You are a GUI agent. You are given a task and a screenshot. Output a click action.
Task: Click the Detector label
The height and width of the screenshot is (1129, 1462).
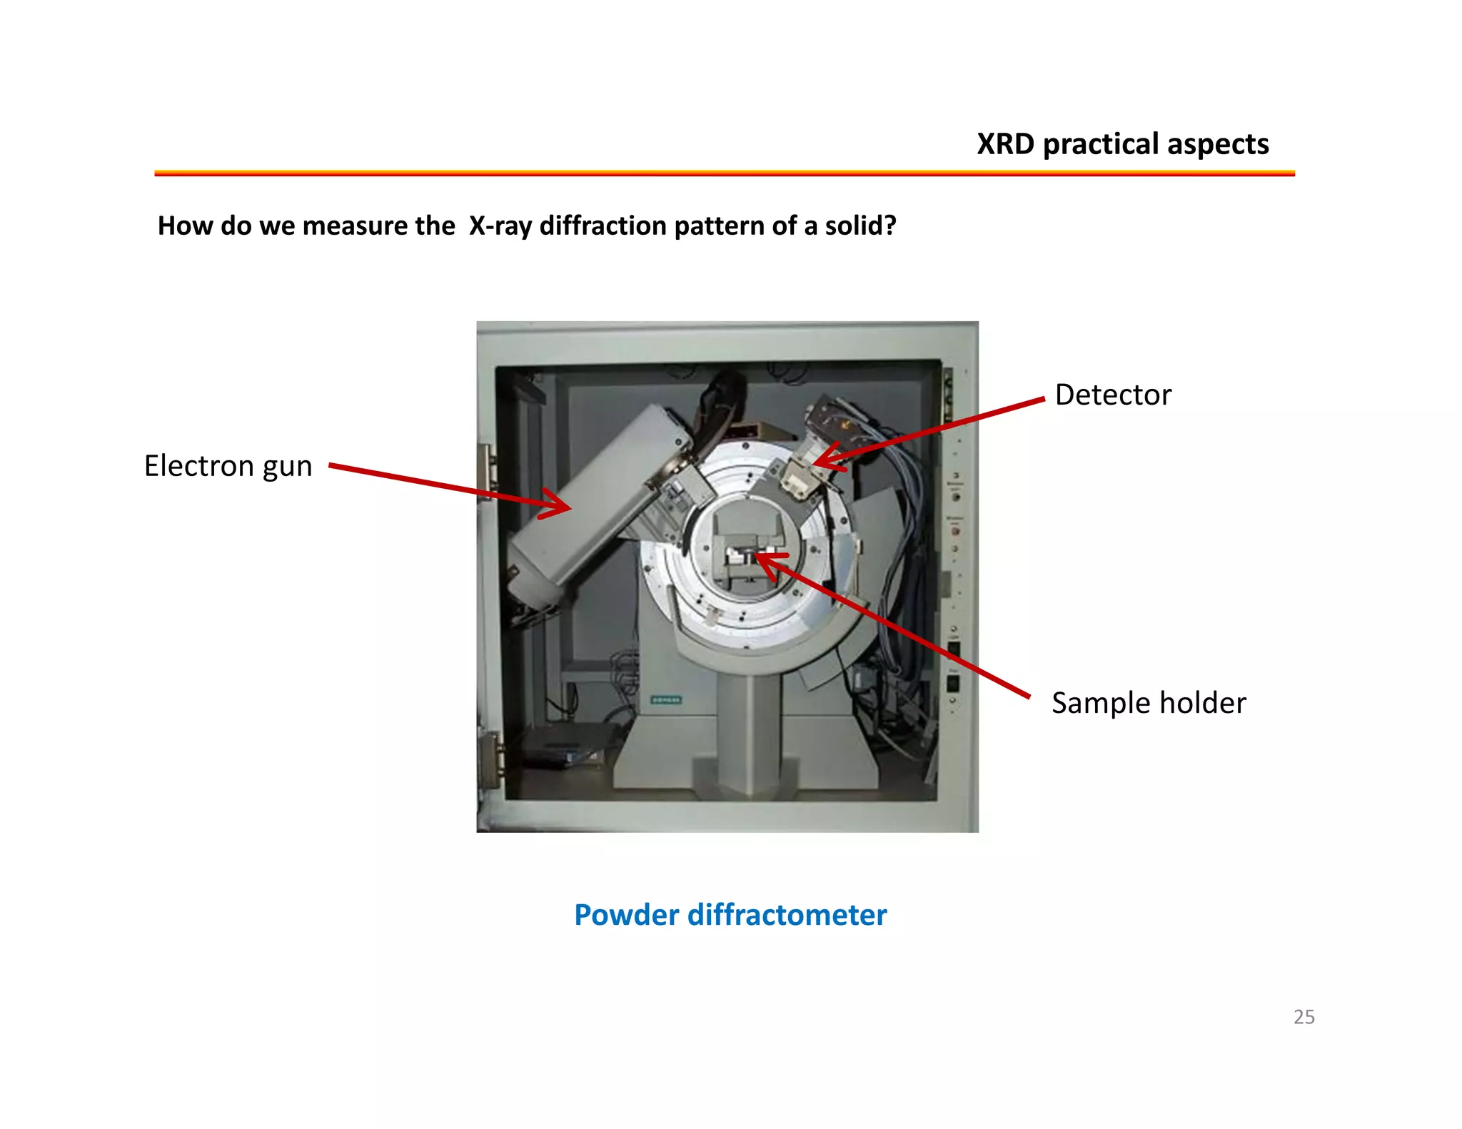pyautogui.click(x=1112, y=395)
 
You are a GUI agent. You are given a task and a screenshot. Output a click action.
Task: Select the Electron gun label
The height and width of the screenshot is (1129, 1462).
pyautogui.click(x=228, y=466)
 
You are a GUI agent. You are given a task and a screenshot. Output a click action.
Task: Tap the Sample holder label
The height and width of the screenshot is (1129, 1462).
pyautogui.click(x=1148, y=703)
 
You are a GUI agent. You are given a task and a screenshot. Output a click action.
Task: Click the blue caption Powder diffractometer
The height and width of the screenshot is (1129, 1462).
pyautogui.click(x=730, y=915)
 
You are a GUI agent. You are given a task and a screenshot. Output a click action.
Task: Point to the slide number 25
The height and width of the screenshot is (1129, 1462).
pyautogui.click(x=1304, y=1016)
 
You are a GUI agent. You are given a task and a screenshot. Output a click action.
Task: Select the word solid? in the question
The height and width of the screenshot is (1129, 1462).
pyautogui.click(x=860, y=226)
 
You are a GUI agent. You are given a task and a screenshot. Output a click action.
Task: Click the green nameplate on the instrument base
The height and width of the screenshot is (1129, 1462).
pyautogui.click(x=665, y=700)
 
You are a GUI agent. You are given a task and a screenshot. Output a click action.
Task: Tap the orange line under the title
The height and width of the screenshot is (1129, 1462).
pyautogui.click(x=724, y=173)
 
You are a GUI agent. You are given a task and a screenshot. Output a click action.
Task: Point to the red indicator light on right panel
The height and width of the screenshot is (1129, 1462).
pyautogui.click(x=955, y=531)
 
